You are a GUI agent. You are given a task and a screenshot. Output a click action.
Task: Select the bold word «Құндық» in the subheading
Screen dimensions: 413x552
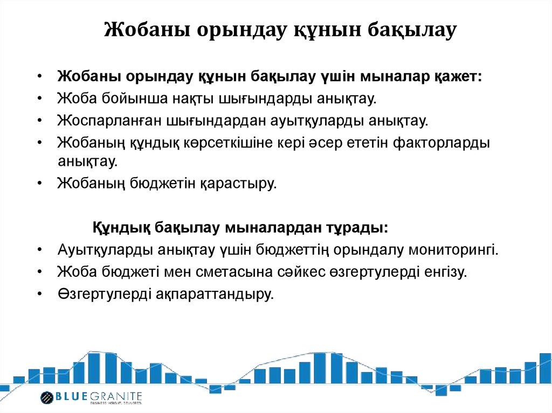[122, 227]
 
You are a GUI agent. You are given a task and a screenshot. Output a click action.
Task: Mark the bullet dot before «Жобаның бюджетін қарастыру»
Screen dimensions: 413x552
[41, 184]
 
